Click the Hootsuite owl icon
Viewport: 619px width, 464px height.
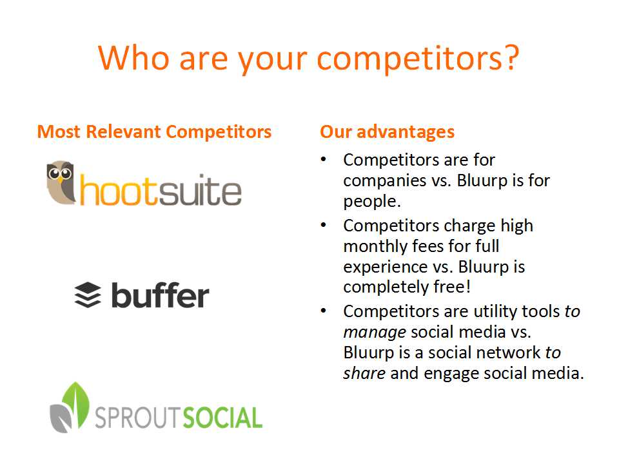click(61, 182)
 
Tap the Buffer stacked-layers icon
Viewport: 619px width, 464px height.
click(88, 295)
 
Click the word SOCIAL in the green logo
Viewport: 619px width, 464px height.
click(223, 418)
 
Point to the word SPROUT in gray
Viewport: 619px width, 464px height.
click(139, 418)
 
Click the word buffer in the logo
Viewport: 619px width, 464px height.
click(161, 295)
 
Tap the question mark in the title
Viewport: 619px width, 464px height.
click(511, 57)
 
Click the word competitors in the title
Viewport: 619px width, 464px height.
click(409, 59)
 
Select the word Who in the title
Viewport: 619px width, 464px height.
click(134, 57)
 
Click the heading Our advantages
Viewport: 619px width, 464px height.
click(388, 131)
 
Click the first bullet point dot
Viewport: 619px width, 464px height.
click(323, 159)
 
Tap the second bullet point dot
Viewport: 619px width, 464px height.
click(323, 225)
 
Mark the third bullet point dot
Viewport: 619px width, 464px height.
click(323, 311)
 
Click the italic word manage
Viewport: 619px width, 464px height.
click(374, 333)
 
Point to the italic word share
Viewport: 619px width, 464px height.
click(364, 373)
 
